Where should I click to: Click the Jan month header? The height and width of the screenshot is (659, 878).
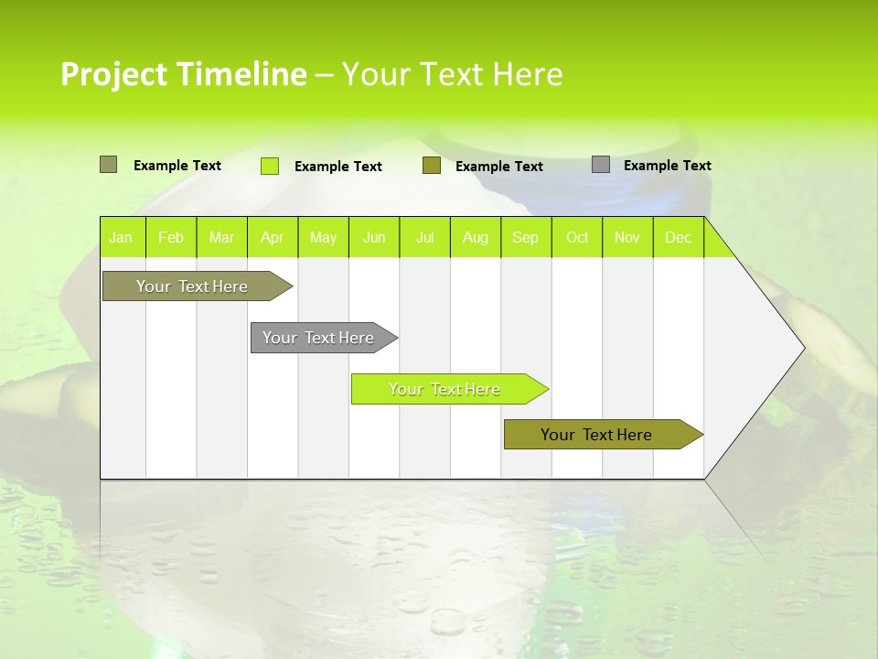click(x=121, y=237)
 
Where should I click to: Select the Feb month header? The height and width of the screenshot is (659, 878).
click(x=171, y=237)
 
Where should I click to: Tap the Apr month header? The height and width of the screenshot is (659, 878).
click(x=272, y=237)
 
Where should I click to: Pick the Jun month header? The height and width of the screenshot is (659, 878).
click(x=374, y=237)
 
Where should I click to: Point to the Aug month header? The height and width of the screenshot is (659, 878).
click(x=475, y=237)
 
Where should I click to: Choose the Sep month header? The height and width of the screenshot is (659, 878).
click(x=525, y=237)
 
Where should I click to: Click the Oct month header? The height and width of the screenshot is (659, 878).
click(x=577, y=237)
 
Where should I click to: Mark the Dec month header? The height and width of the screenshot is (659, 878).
click(x=678, y=237)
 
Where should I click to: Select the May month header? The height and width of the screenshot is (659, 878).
click(x=323, y=237)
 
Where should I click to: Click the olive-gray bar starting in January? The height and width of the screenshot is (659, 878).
click(x=192, y=286)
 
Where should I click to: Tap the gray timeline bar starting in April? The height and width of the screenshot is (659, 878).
click(x=318, y=338)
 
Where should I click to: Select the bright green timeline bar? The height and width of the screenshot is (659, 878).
click(x=444, y=389)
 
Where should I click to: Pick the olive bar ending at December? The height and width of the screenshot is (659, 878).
click(x=596, y=435)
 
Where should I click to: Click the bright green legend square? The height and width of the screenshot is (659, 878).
click(x=270, y=166)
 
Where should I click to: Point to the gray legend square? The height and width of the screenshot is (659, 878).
click(x=601, y=165)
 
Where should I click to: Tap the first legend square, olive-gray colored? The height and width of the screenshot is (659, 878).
click(x=109, y=165)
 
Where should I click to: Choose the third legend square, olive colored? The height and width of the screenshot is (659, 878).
click(x=432, y=166)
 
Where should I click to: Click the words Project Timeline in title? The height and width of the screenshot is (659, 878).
click(x=184, y=74)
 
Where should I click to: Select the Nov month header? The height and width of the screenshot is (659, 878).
click(x=627, y=237)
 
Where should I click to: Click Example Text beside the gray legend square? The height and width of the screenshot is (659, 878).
click(x=667, y=166)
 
